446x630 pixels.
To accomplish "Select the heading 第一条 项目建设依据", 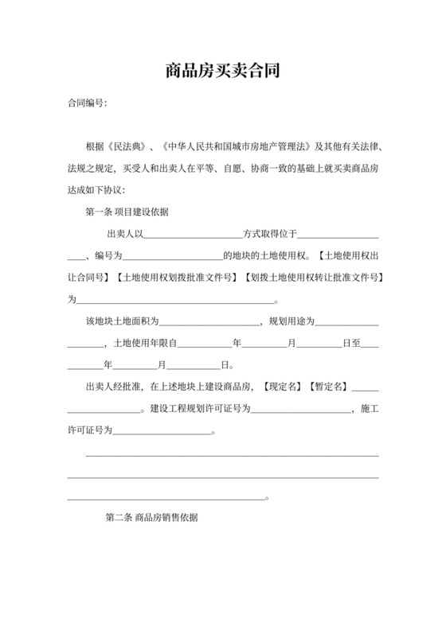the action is [126, 212].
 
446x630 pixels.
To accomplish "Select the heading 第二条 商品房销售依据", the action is [151, 516].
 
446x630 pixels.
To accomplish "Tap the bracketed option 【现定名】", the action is [282, 387].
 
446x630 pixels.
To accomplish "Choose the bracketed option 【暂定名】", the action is [327, 387].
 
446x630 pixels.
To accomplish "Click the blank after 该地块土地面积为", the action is [209, 322].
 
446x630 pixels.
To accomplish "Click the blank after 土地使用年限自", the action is [207, 344].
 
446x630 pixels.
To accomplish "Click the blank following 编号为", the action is [171, 256].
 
